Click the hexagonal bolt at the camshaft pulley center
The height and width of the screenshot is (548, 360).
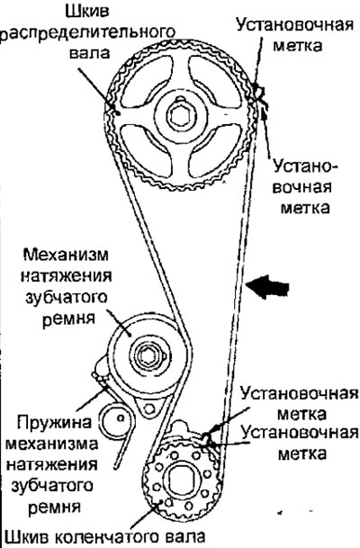tap(180, 115)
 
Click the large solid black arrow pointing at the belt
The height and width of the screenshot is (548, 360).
tap(267, 286)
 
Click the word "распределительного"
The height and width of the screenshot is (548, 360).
tap(88, 32)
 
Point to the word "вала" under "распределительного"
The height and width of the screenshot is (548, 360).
tap(89, 53)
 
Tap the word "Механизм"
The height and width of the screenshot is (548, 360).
tap(66, 255)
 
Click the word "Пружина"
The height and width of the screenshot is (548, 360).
tap(55, 423)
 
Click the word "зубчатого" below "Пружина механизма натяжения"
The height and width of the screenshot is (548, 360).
tap(53, 487)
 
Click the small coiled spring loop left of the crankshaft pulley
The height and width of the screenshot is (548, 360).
tap(116, 419)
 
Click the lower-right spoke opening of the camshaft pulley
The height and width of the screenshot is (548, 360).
tap(214, 151)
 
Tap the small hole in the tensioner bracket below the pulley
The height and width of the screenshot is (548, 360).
tap(149, 409)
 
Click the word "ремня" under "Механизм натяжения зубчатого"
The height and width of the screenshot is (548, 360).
tap(68, 319)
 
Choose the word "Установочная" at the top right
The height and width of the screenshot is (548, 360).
tap(295, 26)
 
